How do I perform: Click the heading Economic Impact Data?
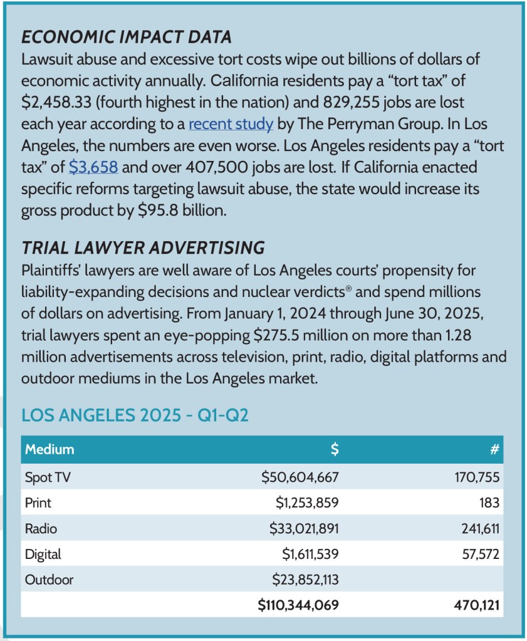[127, 37]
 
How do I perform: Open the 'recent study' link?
[231, 123]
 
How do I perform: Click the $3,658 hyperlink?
[93, 167]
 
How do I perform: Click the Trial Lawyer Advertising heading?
[143, 248]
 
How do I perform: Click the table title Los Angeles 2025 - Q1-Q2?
[135, 415]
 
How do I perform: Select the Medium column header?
[50, 449]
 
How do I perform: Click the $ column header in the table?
[335, 449]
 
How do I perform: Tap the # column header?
[495, 449]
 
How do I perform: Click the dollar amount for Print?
[307, 503]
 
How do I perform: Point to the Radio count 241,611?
[477, 528]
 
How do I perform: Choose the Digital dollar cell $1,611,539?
[310, 554]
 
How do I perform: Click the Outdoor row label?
[49, 580]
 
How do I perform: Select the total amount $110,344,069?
[298, 605]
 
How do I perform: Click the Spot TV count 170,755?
[477, 477]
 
